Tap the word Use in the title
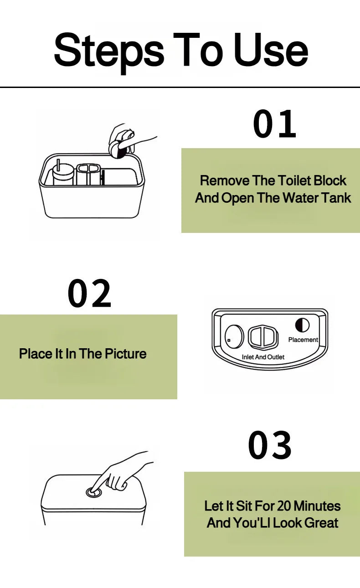point(271,49)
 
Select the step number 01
point(274,124)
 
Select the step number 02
point(89,293)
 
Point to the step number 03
point(270,445)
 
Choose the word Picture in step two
point(126,353)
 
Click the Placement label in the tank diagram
point(303,340)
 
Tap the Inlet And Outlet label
point(263,357)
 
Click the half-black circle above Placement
point(302,325)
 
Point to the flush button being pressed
point(94,492)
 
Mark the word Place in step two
point(36,353)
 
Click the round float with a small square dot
point(233,336)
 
